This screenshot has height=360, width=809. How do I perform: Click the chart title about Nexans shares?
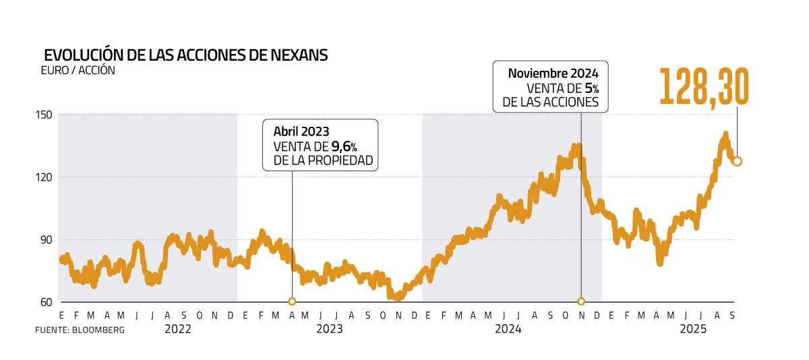tap(186, 55)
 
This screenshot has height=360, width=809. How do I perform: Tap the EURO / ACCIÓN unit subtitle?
tap(78, 70)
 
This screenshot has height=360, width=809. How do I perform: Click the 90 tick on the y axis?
tap(45, 239)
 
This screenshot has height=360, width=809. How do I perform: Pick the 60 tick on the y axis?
tap(45, 302)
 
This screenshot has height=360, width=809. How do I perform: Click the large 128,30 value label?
tap(703, 86)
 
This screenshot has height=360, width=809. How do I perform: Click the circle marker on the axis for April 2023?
tap(292, 302)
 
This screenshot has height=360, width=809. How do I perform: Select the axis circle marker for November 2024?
tap(581, 301)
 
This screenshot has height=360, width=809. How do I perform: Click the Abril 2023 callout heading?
tap(301, 131)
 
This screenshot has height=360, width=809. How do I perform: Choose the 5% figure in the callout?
tap(592, 88)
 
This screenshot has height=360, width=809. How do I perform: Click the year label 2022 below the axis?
tap(178, 329)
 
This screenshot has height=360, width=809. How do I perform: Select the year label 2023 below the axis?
tap(329, 329)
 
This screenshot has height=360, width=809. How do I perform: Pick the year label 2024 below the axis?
tap(508, 329)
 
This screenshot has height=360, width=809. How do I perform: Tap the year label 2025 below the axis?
tap(692, 329)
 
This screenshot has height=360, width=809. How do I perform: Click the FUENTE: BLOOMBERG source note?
tap(80, 330)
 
